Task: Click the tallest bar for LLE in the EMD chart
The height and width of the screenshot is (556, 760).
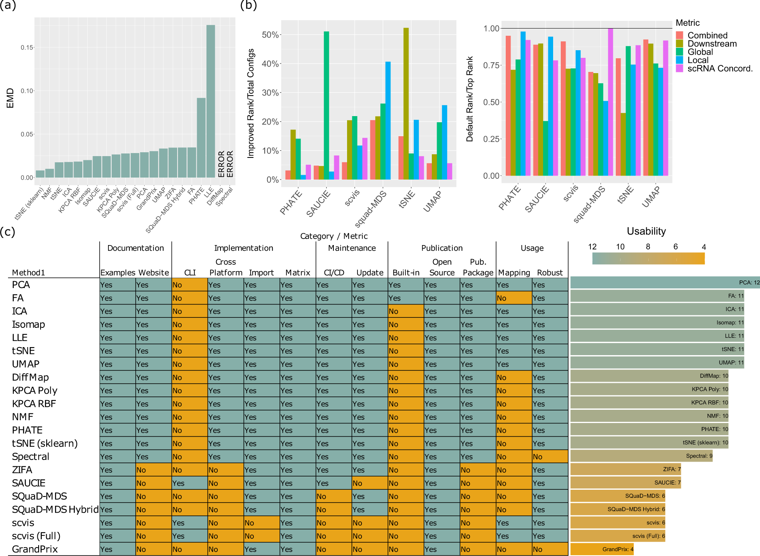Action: click(210, 101)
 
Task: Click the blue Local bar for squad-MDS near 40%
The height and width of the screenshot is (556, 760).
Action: click(388, 121)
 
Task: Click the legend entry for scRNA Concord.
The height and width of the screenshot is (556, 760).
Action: click(720, 69)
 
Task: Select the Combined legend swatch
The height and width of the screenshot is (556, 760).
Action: click(680, 35)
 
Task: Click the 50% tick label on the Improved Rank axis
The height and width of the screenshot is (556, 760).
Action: click(270, 35)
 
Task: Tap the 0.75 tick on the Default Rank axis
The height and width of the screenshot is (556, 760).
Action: click(491, 65)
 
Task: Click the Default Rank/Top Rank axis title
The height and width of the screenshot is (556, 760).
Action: click(469, 99)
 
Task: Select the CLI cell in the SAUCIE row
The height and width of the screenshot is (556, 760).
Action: click(189, 483)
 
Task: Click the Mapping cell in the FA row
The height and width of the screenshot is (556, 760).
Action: click(514, 298)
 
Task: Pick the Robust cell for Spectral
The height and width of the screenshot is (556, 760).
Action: click(550, 457)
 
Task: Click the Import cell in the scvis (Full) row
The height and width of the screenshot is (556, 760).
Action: click(262, 536)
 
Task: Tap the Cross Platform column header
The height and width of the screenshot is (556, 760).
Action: click(226, 267)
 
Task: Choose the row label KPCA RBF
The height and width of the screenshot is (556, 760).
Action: click(34, 404)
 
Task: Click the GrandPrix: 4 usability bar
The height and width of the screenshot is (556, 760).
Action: click(601, 549)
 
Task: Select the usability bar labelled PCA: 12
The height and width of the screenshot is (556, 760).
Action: click(665, 282)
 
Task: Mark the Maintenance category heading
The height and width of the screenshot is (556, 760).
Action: click(352, 248)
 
